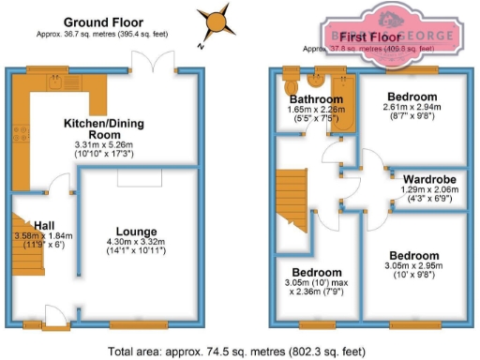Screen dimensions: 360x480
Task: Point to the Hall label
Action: coord(43,224)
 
